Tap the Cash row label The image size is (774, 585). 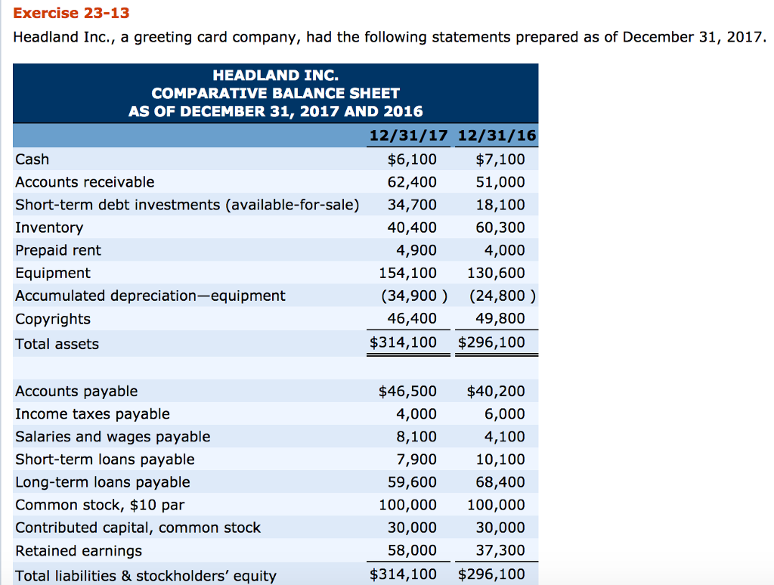pos(33,159)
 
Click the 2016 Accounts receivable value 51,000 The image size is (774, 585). pos(500,182)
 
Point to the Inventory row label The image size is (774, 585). pos(49,227)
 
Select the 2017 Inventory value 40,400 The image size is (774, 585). pos(412,227)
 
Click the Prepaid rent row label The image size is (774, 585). pos(58,250)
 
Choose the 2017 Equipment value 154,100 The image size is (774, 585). pos(407,273)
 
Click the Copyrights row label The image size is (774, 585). pos(53,319)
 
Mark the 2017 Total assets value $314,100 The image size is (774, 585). pos(404,342)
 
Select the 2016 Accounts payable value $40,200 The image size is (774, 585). pos(496,391)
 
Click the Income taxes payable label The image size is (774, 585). pos(92,414)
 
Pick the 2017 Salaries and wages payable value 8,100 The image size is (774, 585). pos(416,437)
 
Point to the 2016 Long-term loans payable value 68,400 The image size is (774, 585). pos(500,482)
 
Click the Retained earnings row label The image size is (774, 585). pos(79,551)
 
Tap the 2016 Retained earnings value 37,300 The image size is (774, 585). pos(500,551)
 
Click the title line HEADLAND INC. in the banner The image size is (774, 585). pos(275,76)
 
